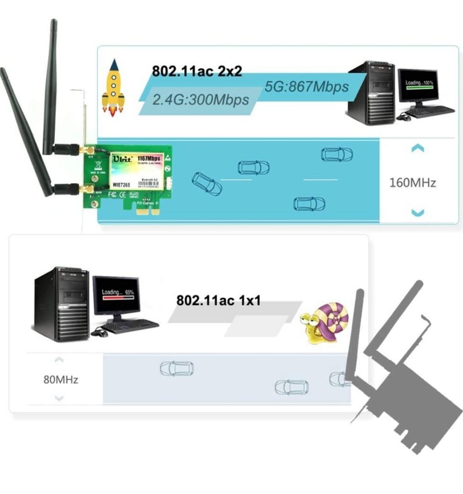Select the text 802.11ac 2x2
(x=197, y=71)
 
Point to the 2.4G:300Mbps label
(x=200, y=99)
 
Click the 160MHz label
(x=413, y=183)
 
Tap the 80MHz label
(x=61, y=380)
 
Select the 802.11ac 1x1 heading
(x=218, y=301)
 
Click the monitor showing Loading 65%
(x=117, y=295)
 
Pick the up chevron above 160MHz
(x=418, y=148)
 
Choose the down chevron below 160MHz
(x=418, y=212)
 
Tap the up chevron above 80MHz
(x=59, y=360)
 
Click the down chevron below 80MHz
(x=59, y=398)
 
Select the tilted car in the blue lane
(x=207, y=184)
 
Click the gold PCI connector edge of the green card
(x=149, y=210)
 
